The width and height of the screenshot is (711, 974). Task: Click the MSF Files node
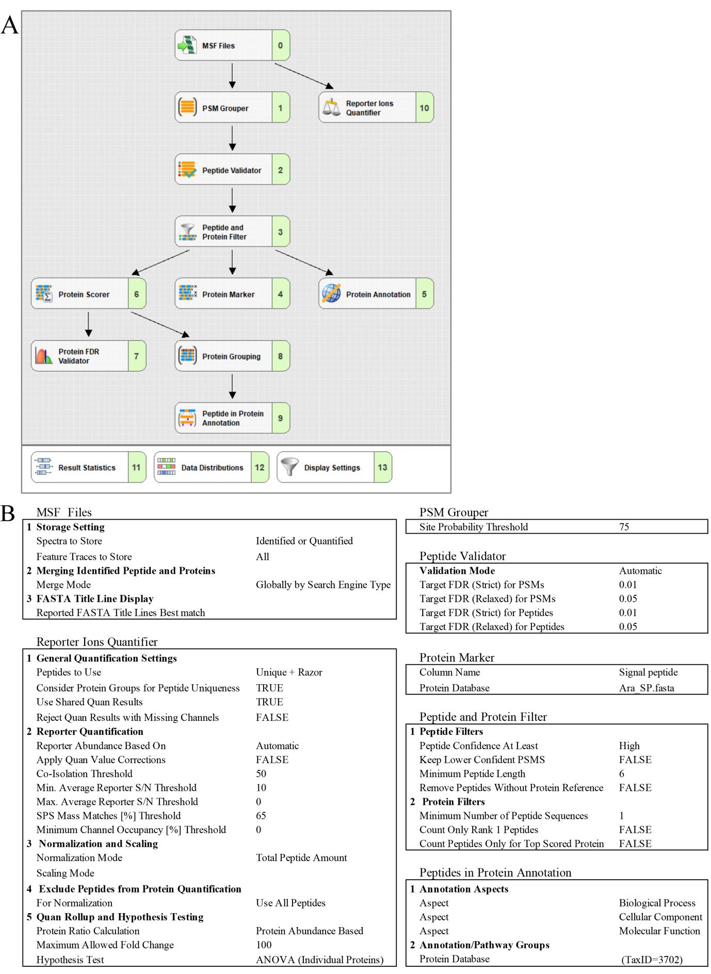232,45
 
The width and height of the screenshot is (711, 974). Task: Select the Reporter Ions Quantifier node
376,108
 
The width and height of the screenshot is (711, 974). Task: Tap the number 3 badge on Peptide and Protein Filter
281,232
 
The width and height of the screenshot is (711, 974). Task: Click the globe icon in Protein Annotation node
331,294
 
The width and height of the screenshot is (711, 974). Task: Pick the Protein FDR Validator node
88,356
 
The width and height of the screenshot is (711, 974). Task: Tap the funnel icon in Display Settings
289,467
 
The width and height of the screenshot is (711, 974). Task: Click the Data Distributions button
211,468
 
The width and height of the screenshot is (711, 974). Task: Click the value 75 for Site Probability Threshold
624,527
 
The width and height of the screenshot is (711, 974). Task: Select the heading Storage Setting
70,527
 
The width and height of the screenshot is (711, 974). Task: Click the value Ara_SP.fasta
647,688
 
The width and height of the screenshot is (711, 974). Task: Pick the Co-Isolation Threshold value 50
261,773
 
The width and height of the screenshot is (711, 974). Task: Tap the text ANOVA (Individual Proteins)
319,960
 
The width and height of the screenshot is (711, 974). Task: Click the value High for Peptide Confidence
629,746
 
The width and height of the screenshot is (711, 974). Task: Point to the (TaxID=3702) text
652,960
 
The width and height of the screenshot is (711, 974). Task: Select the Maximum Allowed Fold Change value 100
264,945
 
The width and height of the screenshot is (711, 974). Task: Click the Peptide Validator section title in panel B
462,556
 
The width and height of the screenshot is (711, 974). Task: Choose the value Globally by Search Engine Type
323,585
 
